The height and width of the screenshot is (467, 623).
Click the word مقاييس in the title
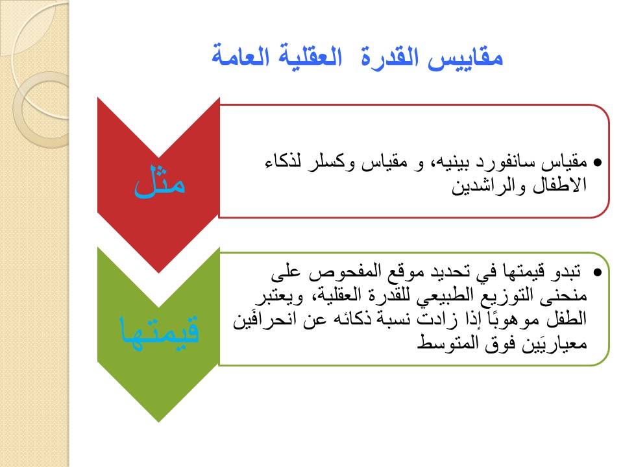coord(465,58)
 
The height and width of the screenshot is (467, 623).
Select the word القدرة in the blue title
coord(389,57)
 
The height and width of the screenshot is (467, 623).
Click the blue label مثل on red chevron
coord(160,181)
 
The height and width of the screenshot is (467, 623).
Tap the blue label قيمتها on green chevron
coord(160,330)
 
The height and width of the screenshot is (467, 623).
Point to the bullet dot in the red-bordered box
coord(597,162)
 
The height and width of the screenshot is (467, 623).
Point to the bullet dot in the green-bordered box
coord(597,272)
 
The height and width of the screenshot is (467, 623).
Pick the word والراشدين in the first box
coord(488,186)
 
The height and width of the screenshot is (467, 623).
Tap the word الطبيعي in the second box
coord(445,296)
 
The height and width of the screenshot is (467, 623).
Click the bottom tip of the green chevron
coord(159,422)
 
